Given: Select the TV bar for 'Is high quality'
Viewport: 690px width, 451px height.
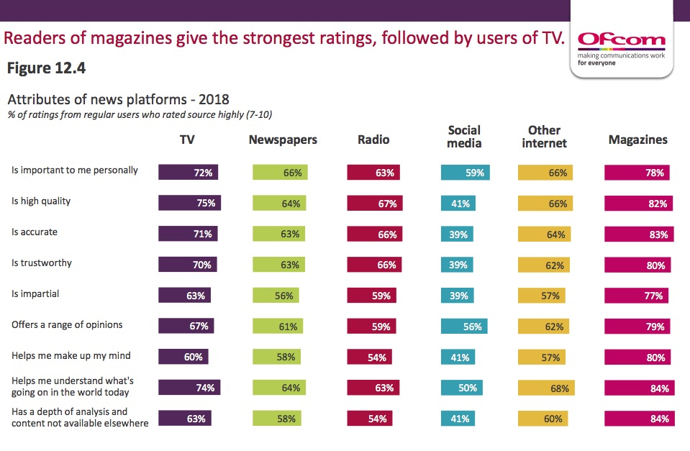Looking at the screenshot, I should pos(189,203).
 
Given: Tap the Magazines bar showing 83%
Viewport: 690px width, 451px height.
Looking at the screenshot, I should pos(639,234).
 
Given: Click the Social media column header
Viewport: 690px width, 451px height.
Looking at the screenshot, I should pos(464,137).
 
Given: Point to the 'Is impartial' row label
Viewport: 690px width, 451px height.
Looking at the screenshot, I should pos(35,293).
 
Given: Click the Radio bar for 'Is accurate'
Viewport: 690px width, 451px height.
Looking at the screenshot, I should pos(374,234).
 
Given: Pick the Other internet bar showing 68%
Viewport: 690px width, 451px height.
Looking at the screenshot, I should pos(546,388).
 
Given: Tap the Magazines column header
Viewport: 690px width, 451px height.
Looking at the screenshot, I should pos(637,140).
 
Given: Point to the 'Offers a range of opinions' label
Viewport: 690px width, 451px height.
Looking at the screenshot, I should pos(67,324).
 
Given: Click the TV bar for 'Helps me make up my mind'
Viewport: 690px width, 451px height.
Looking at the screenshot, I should pos(183,357).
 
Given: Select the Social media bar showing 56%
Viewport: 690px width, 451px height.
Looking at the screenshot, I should pos(464,327).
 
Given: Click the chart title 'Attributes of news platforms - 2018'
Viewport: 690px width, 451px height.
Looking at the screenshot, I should pos(118,99).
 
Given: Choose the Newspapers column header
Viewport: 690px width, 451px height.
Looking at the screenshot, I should pos(283,140).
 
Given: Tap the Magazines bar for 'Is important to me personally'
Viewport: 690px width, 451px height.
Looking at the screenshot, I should pos(637,173).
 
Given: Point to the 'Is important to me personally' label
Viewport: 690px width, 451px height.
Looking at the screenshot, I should pos(75,170).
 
